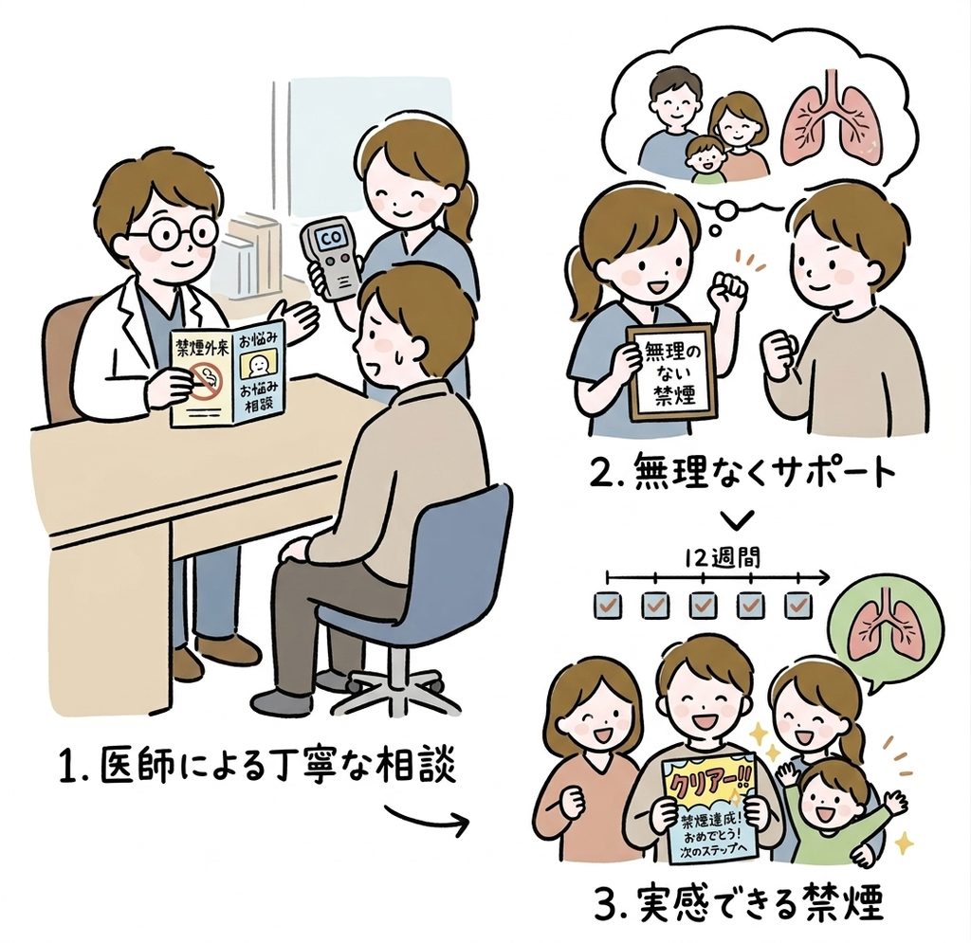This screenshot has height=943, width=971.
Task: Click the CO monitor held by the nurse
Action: point(331,260)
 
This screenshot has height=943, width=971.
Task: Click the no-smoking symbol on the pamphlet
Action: point(205,379)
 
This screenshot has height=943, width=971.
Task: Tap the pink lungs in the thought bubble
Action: point(829,122)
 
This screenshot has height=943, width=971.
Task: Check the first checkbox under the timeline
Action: point(607,606)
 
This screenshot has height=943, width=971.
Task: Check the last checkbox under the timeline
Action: point(798,606)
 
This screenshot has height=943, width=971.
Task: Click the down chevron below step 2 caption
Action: point(740,519)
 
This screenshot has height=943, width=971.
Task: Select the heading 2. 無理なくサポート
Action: point(743,473)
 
